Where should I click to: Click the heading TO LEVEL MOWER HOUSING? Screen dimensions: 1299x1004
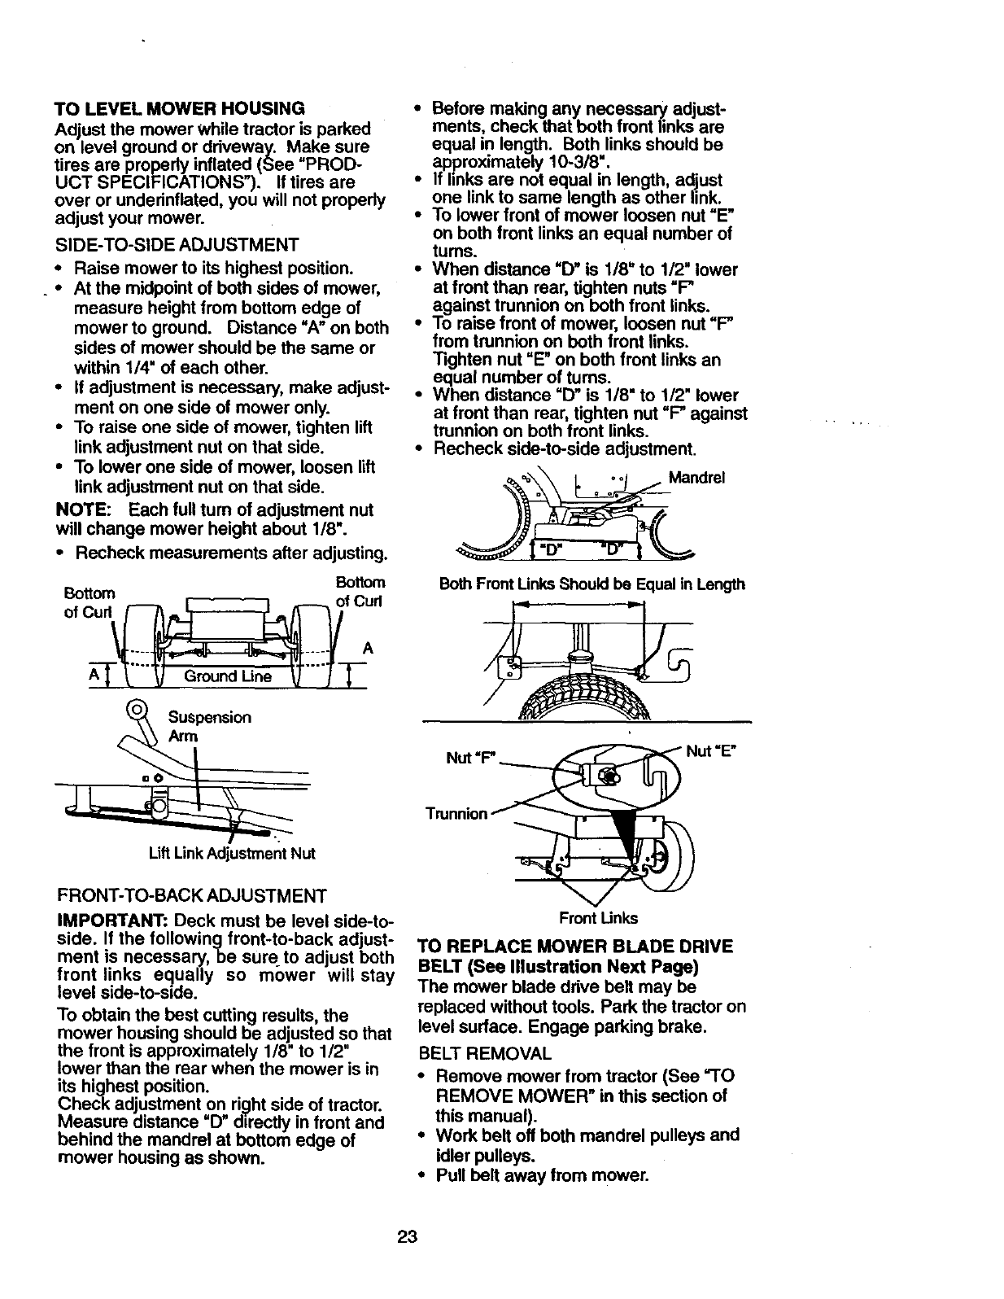click(179, 108)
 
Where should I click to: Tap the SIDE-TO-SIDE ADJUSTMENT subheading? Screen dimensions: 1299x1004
click(177, 245)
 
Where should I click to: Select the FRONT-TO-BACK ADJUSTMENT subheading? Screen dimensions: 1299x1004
click(191, 896)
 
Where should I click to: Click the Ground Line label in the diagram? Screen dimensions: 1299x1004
click(228, 676)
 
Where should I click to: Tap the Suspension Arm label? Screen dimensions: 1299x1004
click(208, 726)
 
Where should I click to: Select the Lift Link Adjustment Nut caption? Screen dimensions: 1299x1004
click(231, 854)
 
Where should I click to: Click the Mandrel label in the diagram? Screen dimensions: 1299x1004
click(696, 478)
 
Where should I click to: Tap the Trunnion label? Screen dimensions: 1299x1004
click(456, 814)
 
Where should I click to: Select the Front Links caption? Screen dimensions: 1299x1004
click(597, 918)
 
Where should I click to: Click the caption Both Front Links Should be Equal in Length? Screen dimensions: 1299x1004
click(591, 584)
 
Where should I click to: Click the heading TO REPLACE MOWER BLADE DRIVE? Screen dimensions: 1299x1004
click(575, 947)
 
